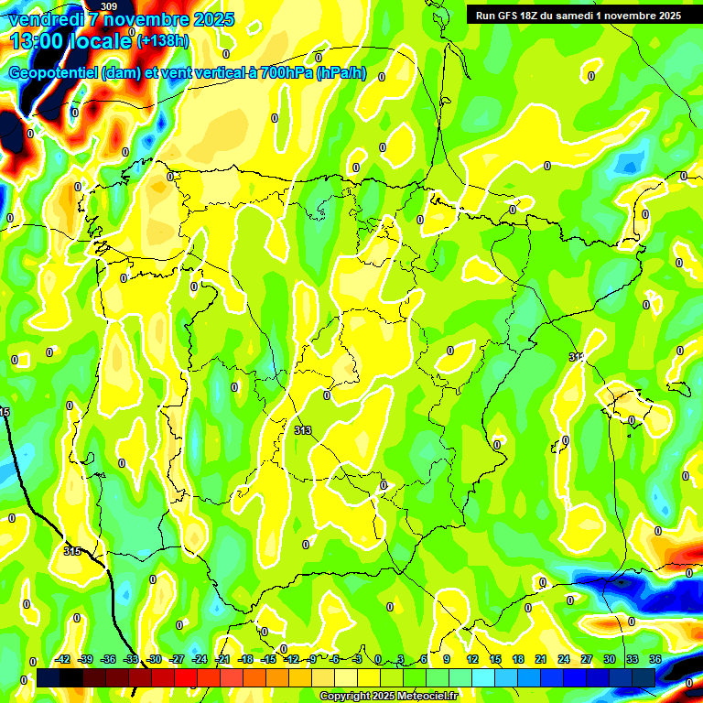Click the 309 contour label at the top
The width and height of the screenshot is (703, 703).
pos(108,6)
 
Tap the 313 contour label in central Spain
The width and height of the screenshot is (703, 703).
pos(304,429)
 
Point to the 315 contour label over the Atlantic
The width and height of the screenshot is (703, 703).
pos(73,550)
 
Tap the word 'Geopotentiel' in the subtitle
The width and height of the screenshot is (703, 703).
pos(54,73)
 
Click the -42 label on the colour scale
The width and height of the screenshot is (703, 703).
pos(63,659)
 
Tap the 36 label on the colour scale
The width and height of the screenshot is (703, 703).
pos(654,659)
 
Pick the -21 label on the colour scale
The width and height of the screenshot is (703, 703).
pos(222,659)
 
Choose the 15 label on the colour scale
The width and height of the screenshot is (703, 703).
pos(495,659)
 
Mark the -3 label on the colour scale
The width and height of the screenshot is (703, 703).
pos(358,659)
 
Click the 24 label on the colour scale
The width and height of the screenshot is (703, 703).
pos(563,659)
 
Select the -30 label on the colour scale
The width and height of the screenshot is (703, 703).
pos(154,659)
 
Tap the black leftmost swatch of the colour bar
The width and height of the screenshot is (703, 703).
pos(49,677)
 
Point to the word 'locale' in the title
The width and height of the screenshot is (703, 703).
pos(100,40)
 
